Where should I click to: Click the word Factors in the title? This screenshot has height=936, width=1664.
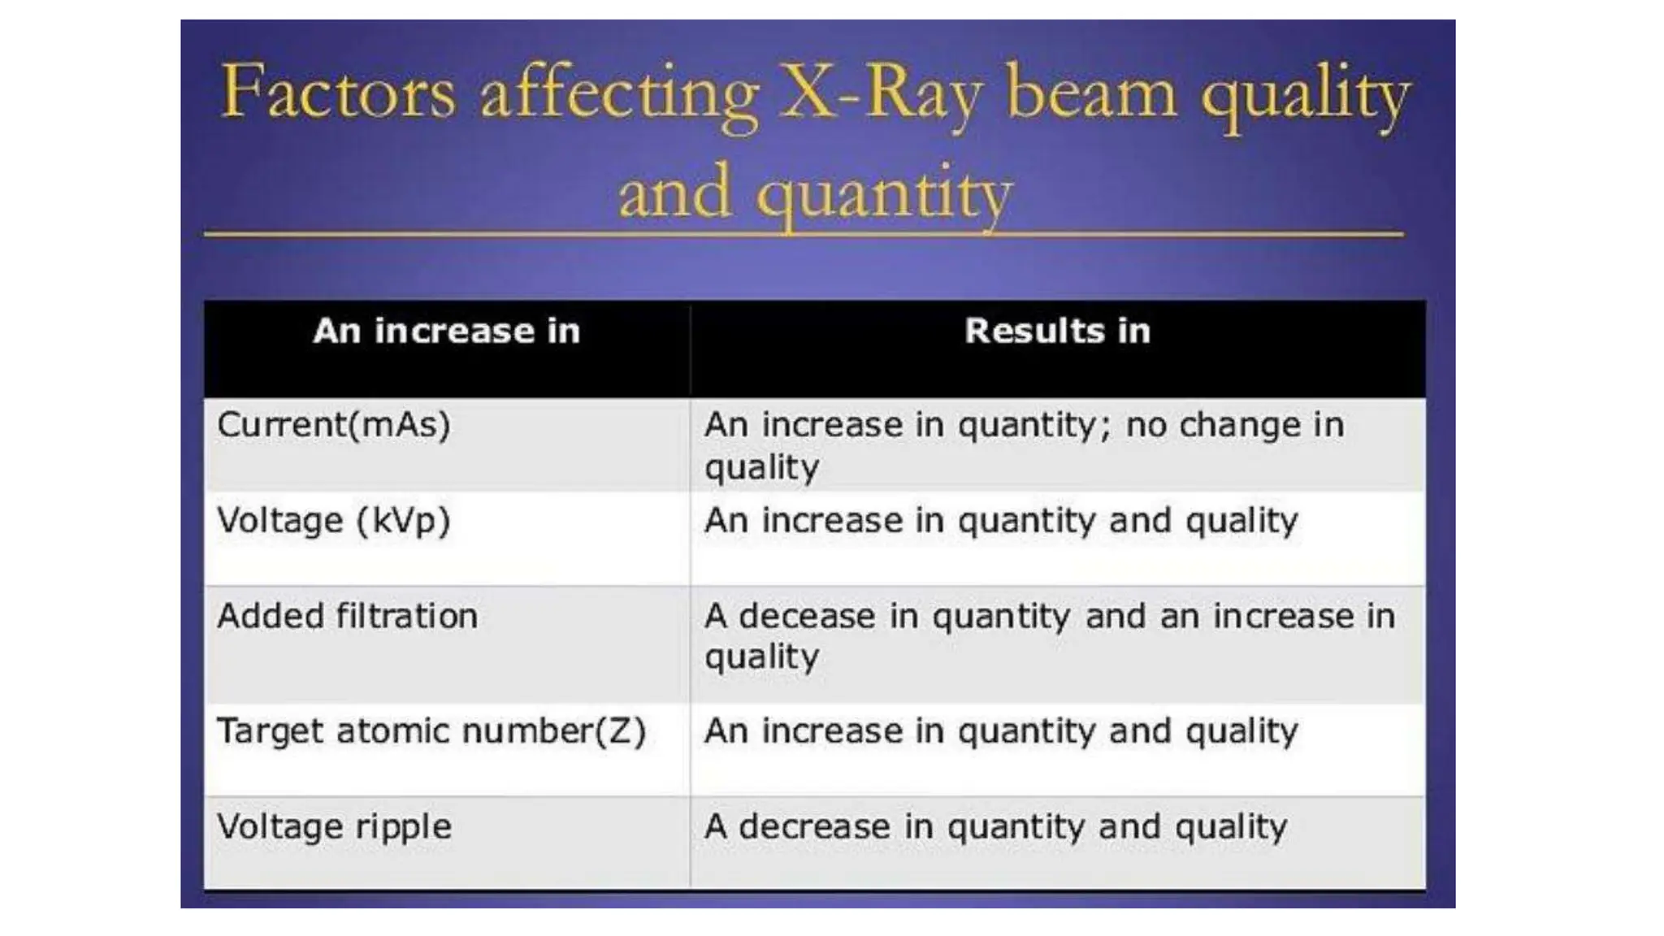[337, 93]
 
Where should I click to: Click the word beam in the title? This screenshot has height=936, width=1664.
[1091, 93]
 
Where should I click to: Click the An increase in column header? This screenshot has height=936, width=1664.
[447, 331]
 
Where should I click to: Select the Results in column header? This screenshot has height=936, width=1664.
[1057, 331]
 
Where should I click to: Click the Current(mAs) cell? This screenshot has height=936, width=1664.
[334, 425]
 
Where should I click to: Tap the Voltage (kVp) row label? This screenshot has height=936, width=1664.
[334, 521]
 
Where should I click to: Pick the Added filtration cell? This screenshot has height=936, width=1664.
[348, 616]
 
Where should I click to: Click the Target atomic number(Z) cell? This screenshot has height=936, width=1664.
[431, 731]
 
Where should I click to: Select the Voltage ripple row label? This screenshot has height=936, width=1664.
[334, 827]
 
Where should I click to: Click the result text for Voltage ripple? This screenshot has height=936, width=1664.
[995, 827]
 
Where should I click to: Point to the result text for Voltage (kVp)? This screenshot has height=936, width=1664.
[1001, 521]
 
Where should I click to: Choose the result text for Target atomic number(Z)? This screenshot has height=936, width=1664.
[1001, 731]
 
